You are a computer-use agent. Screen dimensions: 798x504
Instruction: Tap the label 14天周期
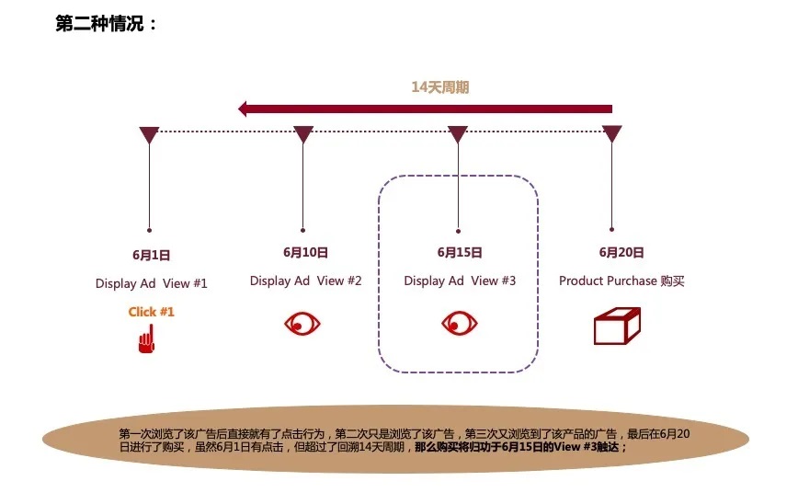(440, 87)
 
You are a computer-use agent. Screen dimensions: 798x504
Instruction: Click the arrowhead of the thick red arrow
(244, 109)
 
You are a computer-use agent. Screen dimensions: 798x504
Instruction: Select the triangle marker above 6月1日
(149, 134)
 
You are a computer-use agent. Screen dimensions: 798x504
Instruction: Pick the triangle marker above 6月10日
(303, 134)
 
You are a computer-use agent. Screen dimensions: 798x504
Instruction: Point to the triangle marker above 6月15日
(458, 134)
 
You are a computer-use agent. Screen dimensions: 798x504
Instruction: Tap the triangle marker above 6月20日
(611, 134)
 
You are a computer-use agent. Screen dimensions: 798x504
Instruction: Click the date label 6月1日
(151, 255)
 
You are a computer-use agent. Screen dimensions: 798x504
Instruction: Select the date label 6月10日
(305, 253)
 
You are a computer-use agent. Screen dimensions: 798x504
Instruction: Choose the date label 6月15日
(460, 253)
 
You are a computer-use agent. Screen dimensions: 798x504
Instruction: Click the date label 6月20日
(621, 253)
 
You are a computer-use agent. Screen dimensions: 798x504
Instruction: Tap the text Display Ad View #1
(151, 283)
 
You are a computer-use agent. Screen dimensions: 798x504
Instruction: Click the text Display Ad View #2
(305, 281)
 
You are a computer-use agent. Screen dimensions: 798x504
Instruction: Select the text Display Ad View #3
(460, 281)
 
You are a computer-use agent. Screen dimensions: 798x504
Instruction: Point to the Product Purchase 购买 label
(621, 281)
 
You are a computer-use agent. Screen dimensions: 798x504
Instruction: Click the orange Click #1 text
(151, 312)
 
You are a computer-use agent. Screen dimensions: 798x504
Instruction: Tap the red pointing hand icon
(146, 338)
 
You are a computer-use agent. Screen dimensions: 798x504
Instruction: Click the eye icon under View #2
(302, 323)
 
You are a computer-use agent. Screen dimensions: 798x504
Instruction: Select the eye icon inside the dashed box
(460, 323)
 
